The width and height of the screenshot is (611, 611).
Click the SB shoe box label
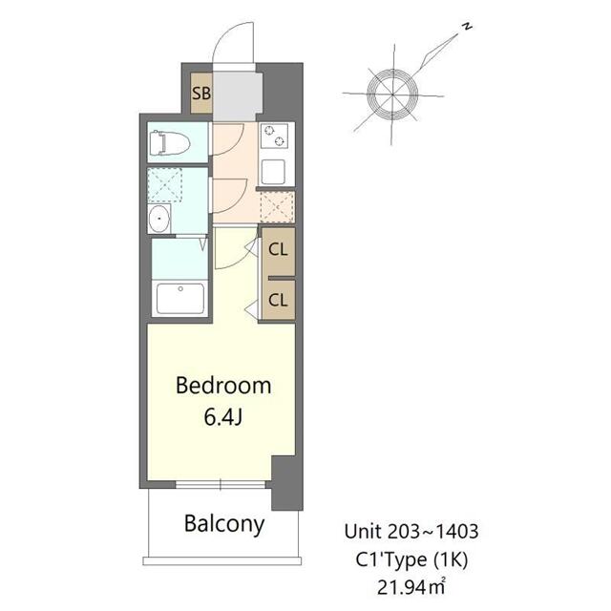coord(201,94)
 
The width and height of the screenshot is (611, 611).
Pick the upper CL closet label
coord(278,251)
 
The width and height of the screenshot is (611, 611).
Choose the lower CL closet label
coord(278,300)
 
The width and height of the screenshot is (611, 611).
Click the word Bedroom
coord(224,387)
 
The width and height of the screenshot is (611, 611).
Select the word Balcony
coord(224,524)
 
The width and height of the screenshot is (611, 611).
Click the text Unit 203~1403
coord(418,531)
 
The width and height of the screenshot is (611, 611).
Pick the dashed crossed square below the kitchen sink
coord(277,207)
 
